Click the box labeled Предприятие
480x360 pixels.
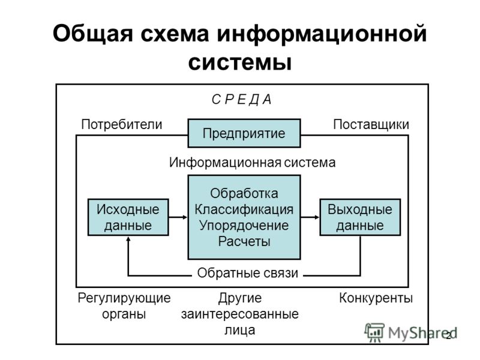click(244, 133)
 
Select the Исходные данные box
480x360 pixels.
click(128, 217)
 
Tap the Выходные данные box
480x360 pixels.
click(360, 217)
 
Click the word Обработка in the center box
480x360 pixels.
click(244, 193)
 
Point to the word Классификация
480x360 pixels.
click(244, 209)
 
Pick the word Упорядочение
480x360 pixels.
click(244, 226)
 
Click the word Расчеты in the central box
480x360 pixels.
click(244, 242)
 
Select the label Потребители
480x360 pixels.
click(122, 125)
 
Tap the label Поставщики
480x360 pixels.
click(371, 125)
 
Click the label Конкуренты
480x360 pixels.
click(376, 298)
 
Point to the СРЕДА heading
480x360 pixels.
click(242, 100)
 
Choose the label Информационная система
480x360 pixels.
click(252, 162)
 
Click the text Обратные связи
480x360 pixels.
click(247, 273)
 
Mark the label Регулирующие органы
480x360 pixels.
click(124, 306)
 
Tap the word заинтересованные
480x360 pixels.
click(239, 314)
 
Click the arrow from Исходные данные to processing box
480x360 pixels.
click(178, 217)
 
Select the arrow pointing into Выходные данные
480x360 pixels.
click(310, 217)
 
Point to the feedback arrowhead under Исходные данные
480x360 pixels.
click(128, 239)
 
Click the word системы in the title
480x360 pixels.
click(239, 63)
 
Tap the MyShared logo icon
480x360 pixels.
click(374, 333)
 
